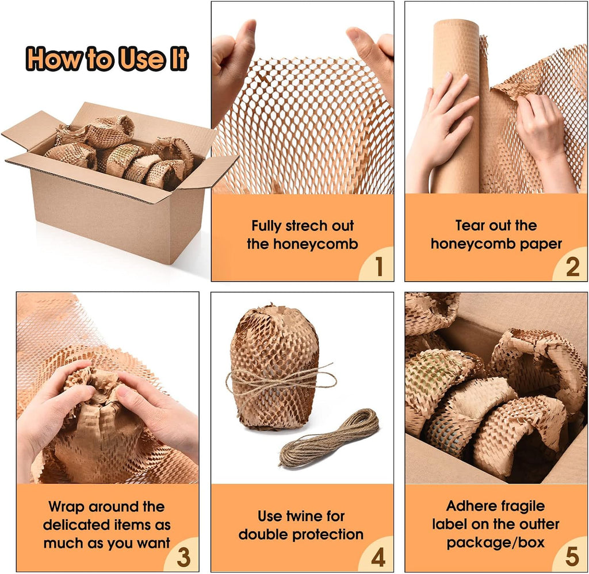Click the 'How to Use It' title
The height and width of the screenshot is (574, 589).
107,59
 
